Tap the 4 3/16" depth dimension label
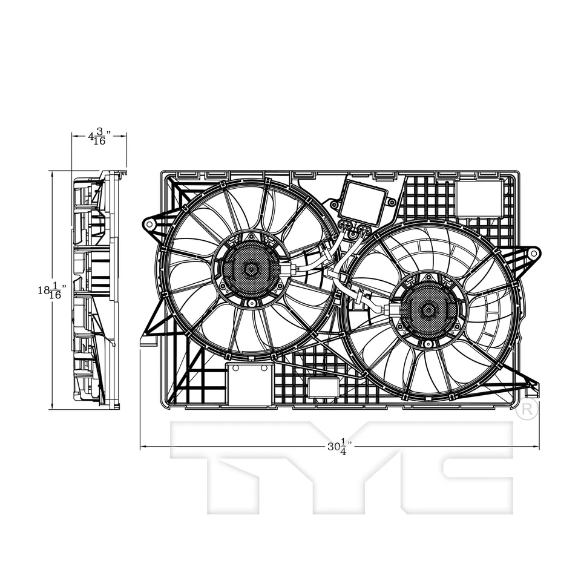pos(98,136)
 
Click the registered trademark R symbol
pos(528,410)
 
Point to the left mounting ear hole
pos(149,225)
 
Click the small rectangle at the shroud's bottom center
pos(323,386)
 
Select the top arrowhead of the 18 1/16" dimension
pos(53,174)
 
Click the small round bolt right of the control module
pos(392,202)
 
